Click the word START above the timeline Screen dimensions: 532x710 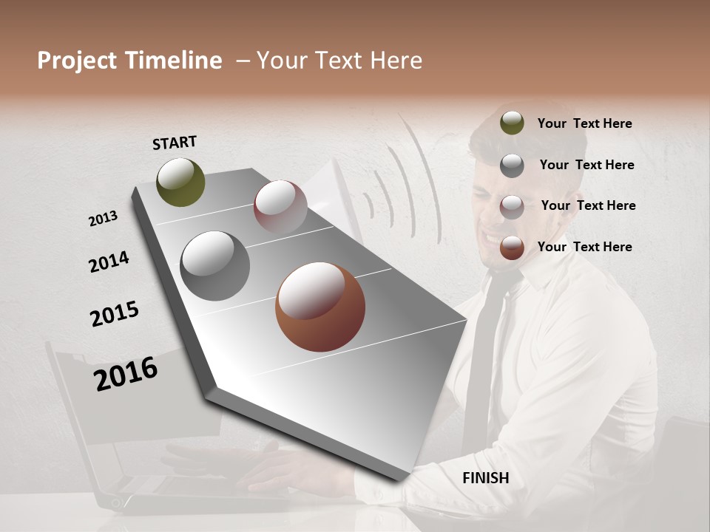[x=175, y=143]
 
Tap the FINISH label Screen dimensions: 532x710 [x=486, y=478]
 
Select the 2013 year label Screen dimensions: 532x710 [x=104, y=219]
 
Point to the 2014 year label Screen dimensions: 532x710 [x=109, y=262]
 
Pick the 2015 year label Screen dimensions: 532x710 [x=115, y=314]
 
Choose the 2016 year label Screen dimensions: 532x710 [x=126, y=373]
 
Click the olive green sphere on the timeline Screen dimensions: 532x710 [x=181, y=182]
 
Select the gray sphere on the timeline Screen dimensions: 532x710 [x=215, y=266]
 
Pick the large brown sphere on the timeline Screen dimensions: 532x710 [x=320, y=307]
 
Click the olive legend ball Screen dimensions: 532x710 [x=512, y=123]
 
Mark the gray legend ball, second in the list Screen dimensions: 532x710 [x=512, y=165]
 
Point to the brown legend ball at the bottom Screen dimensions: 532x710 [x=512, y=248]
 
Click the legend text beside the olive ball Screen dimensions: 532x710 [x=584, y=123]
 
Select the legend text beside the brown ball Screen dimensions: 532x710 [x=584, y=247]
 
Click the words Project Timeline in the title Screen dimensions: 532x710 [x=129, y=61]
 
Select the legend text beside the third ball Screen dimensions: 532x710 [x=588, y=205]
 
